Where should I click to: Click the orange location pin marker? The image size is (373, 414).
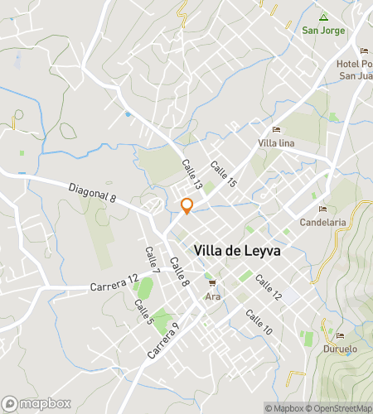[186, 206]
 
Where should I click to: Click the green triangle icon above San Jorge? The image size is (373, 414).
[323, 17]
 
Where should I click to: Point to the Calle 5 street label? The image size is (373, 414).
[143, 310]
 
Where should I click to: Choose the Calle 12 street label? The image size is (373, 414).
[269, 287]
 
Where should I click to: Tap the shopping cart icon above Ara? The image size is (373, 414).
[213, 284]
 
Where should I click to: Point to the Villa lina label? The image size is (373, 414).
[277, 144]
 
